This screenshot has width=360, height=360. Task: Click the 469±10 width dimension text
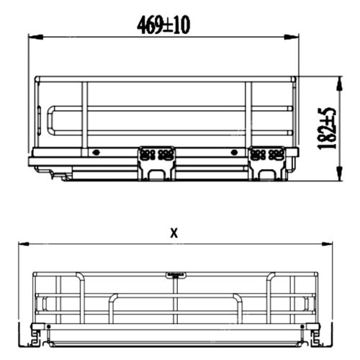[x=163, y=24]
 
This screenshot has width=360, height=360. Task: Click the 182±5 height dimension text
[x=330, y=128]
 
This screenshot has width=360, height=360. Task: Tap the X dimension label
[x=173, y=232]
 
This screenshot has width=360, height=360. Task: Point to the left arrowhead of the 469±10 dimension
[x=32, y=36]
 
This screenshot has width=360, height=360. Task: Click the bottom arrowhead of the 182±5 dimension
[x=338, y=177]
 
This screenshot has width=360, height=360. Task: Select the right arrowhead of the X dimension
[x=329, y=244]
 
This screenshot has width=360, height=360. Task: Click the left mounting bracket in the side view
[x=157, y=162]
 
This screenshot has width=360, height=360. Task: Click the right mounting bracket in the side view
[x=267, y=161]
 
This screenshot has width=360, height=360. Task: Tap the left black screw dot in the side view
[x=96, y=153]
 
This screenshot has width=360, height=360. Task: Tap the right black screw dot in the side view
[x=234, y=153]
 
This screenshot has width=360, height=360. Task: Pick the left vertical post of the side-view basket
[x=85, y=115]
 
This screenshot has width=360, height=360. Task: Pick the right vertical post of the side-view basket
[x=248, y=115]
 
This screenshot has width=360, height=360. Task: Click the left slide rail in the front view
[x=34, y=333]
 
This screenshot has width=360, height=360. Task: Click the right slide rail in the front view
[x=315, y=333]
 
